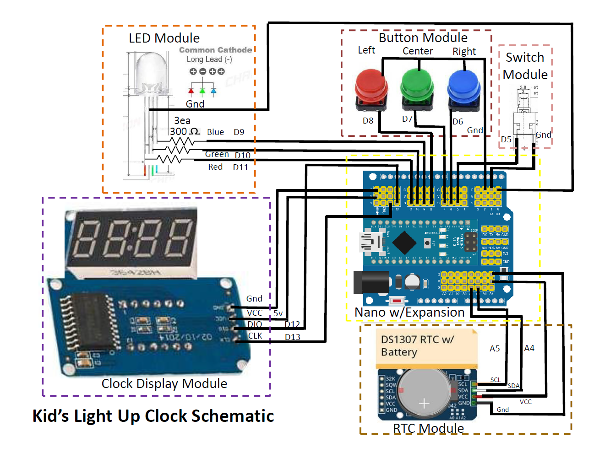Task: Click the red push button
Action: click(371, 87)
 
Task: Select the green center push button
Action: click(417, 87)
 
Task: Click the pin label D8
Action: click(368, 121)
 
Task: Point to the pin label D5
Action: click(506, 140)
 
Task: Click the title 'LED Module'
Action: click(164, 38)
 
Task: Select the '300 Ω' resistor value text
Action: click(184, 132)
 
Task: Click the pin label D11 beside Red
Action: click(240, 167)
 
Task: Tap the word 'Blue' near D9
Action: click(215, 132)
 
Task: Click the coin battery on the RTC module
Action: click(424, 393)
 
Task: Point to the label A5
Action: click(495, 349)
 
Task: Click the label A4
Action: click(529, 348)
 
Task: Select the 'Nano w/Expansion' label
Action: click(409, 313)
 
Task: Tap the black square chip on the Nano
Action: click(404, 243)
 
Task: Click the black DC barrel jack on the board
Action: click(371, 282)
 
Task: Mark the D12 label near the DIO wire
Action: click(292, 324)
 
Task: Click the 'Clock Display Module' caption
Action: click(164, 383)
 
